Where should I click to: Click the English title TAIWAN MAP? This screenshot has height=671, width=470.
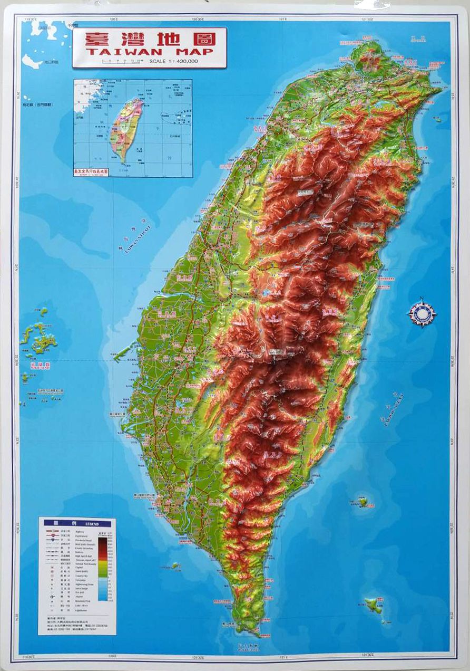149,51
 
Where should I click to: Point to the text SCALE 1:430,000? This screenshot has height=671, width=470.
173,62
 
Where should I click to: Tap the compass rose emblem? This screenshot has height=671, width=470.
422,313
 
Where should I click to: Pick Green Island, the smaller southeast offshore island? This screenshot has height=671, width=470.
363,501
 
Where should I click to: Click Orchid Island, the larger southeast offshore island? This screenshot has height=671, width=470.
374,605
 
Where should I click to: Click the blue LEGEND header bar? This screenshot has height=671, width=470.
77,523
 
